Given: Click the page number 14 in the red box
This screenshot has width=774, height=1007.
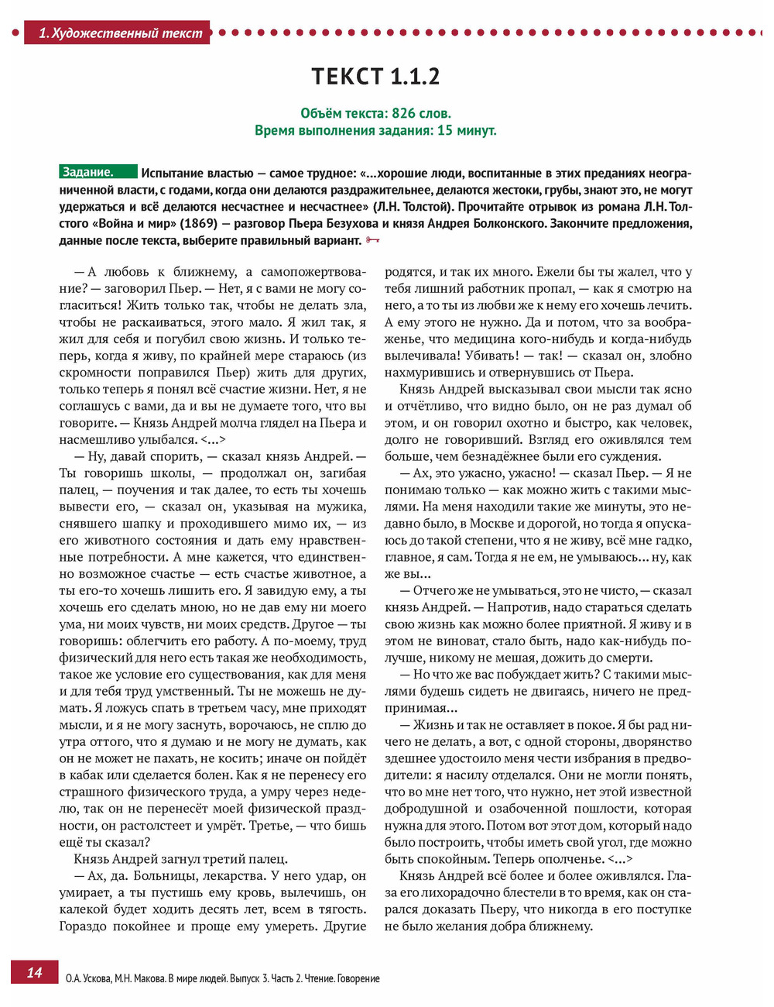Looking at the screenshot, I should point(35,973).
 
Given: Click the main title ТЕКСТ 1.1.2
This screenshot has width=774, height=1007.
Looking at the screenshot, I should point(375,77).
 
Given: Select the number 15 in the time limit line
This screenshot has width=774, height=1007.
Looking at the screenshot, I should point(445,130).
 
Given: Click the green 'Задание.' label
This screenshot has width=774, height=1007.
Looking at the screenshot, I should point(88,173).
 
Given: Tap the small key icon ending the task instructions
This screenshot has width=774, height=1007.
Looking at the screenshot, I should point(372,240).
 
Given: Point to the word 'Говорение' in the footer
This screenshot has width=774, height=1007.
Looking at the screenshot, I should point(357,978).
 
